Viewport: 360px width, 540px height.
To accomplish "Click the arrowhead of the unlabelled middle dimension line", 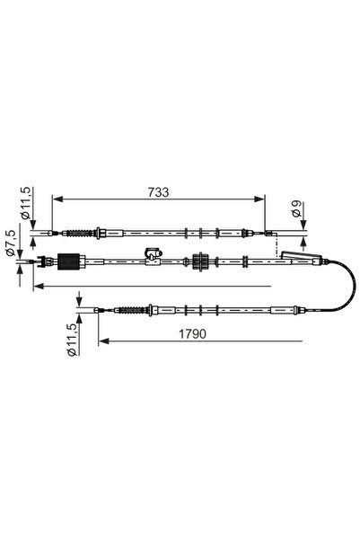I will (37, 287).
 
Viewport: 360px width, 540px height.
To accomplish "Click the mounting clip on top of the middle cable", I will (153, 253).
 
